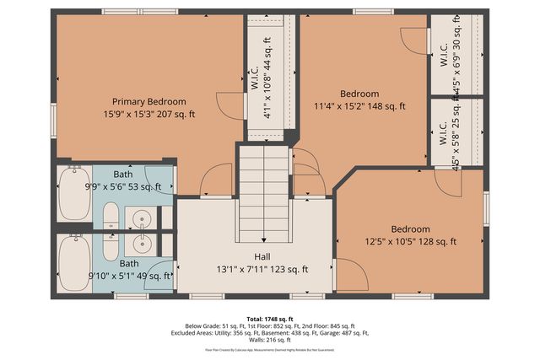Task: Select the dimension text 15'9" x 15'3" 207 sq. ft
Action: (x=148, y=113)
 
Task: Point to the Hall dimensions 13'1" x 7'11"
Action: (x=262, y=270)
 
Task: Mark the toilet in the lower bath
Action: (x=111, y=245)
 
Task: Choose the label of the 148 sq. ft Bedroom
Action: (x=359, y=94)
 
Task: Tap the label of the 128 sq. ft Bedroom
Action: (x=410, y=229)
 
